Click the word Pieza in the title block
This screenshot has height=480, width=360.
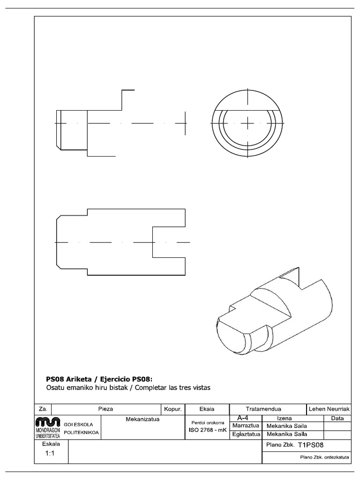point(105,409)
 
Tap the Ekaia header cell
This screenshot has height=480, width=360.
point(207,409)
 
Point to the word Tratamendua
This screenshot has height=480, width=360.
point(267,409)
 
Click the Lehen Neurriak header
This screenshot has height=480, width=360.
point(329,409)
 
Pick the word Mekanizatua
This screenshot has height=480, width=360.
point(142,419)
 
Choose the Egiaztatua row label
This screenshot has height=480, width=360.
point(246,435)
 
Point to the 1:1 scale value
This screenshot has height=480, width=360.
point(51,453)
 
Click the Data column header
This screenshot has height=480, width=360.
point(337,418)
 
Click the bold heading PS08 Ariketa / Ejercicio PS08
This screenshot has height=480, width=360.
point(99,379)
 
